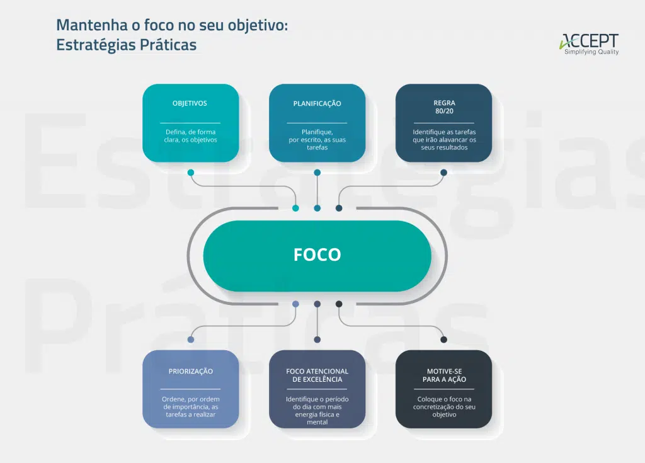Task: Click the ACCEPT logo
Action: tap(589, 41)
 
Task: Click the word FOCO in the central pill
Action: tap(317, 254)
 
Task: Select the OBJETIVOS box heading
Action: tap(190, 103)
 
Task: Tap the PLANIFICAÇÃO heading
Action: tap(317, 103)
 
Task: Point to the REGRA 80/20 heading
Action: tap(444, 107)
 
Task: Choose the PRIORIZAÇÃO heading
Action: tap(190, 372)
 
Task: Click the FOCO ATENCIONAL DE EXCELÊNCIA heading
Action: tap(317, 375)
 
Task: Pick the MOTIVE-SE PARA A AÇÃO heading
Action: tap(444, 375)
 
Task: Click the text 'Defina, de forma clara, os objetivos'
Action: tap(191, 136)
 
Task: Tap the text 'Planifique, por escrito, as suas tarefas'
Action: tap(317, 140)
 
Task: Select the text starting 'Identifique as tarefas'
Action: tap(444, 140)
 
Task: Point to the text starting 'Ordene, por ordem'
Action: tap(190, 407)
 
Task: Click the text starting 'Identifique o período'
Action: tap(317, 411)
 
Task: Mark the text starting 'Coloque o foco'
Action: tap(444, 407)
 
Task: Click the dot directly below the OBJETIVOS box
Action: tap(190, 172)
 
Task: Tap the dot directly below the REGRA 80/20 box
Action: tap(444, 172)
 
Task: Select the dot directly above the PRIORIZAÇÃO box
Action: tap(190, 340)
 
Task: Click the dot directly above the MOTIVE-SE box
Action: tap(444, 340)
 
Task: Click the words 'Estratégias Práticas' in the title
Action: tap(126, 45)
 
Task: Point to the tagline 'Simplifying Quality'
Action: tap(591, 52)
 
